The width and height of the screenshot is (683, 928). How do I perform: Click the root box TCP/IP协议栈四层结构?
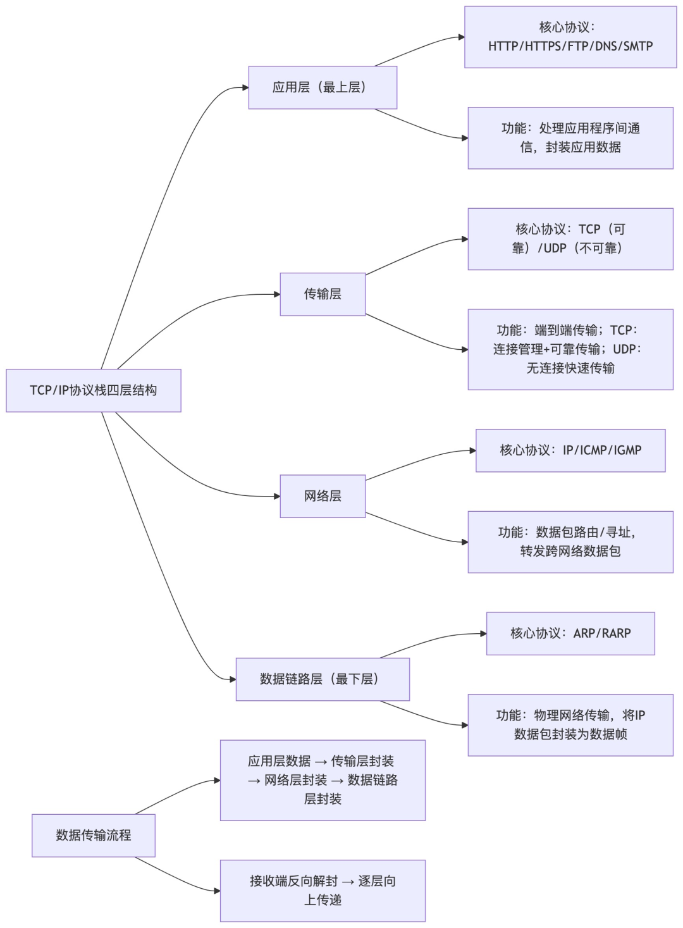pos(94,390)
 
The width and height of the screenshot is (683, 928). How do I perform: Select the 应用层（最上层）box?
pos(323,87)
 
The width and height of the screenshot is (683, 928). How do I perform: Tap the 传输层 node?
pos(323,294)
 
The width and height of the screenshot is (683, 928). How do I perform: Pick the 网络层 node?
pos(323,496)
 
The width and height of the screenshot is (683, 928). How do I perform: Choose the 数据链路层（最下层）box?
pos(323,679)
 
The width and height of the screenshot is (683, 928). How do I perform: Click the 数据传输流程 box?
pos(94,835)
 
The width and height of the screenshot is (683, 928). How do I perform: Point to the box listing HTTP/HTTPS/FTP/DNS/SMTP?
pos(570,37)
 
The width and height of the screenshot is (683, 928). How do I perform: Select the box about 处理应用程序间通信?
pos(570,138)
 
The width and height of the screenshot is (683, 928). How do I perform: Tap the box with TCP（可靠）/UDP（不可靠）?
pos(570,239)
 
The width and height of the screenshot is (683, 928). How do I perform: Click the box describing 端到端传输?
pos(570,349)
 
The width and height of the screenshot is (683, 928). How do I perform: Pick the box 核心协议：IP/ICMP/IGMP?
pos(570,450)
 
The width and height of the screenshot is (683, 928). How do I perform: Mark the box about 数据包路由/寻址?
pos(570,542)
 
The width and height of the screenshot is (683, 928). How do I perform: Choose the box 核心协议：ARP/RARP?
pos(570,633)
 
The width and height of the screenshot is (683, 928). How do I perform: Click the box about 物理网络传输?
pos(570,725)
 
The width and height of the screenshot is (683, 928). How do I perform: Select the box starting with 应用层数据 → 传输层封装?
pos(323,780)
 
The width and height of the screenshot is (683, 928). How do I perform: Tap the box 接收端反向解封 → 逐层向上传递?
pos(323,890)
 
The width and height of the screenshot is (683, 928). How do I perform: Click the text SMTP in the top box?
pos(637,46)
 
